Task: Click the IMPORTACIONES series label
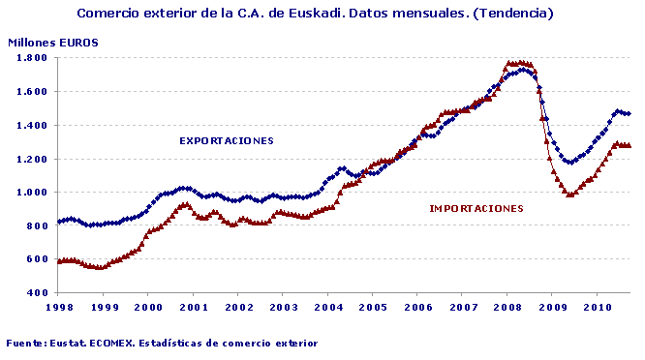click(x=476, y=208)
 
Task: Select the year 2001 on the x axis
click(x=193, y=307)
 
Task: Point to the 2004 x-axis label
click(x=327, y=307)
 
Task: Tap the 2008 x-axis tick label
click(x=507, y=307)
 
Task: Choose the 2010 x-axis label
click(x=596, y=307)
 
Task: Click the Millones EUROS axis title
click(x=53, y=43)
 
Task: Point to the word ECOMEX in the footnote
click(x=121, y=343)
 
